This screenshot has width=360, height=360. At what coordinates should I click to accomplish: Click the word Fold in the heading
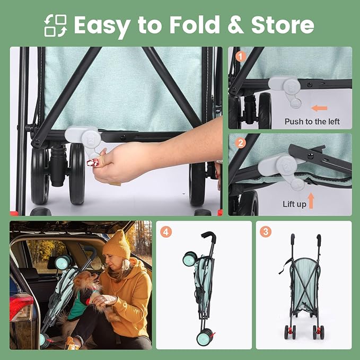tap(195, 25)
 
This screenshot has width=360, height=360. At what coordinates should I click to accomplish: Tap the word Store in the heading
tap(283, 25)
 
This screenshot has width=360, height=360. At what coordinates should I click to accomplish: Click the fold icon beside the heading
tap(56, 25)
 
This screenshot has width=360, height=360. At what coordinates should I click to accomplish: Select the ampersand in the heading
tap(235, 25)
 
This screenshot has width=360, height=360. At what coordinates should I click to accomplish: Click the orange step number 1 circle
tap(240, 56)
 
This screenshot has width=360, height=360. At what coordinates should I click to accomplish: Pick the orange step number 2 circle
tap(240, 143)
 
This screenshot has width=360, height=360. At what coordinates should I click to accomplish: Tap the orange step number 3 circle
tap(266, 232)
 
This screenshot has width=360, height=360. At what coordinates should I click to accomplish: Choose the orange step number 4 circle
tap(166, 232)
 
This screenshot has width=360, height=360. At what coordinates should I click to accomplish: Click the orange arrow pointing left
tap(319, 108)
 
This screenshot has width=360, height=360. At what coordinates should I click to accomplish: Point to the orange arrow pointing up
tap(311, 200)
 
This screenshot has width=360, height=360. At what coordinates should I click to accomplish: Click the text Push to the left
tap(312, 121)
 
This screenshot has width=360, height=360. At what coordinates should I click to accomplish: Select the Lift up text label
tap(294, 204)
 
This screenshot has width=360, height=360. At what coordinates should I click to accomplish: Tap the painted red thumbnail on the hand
tap(93, 163)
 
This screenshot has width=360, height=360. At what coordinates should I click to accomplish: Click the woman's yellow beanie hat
tap(117, 245)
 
